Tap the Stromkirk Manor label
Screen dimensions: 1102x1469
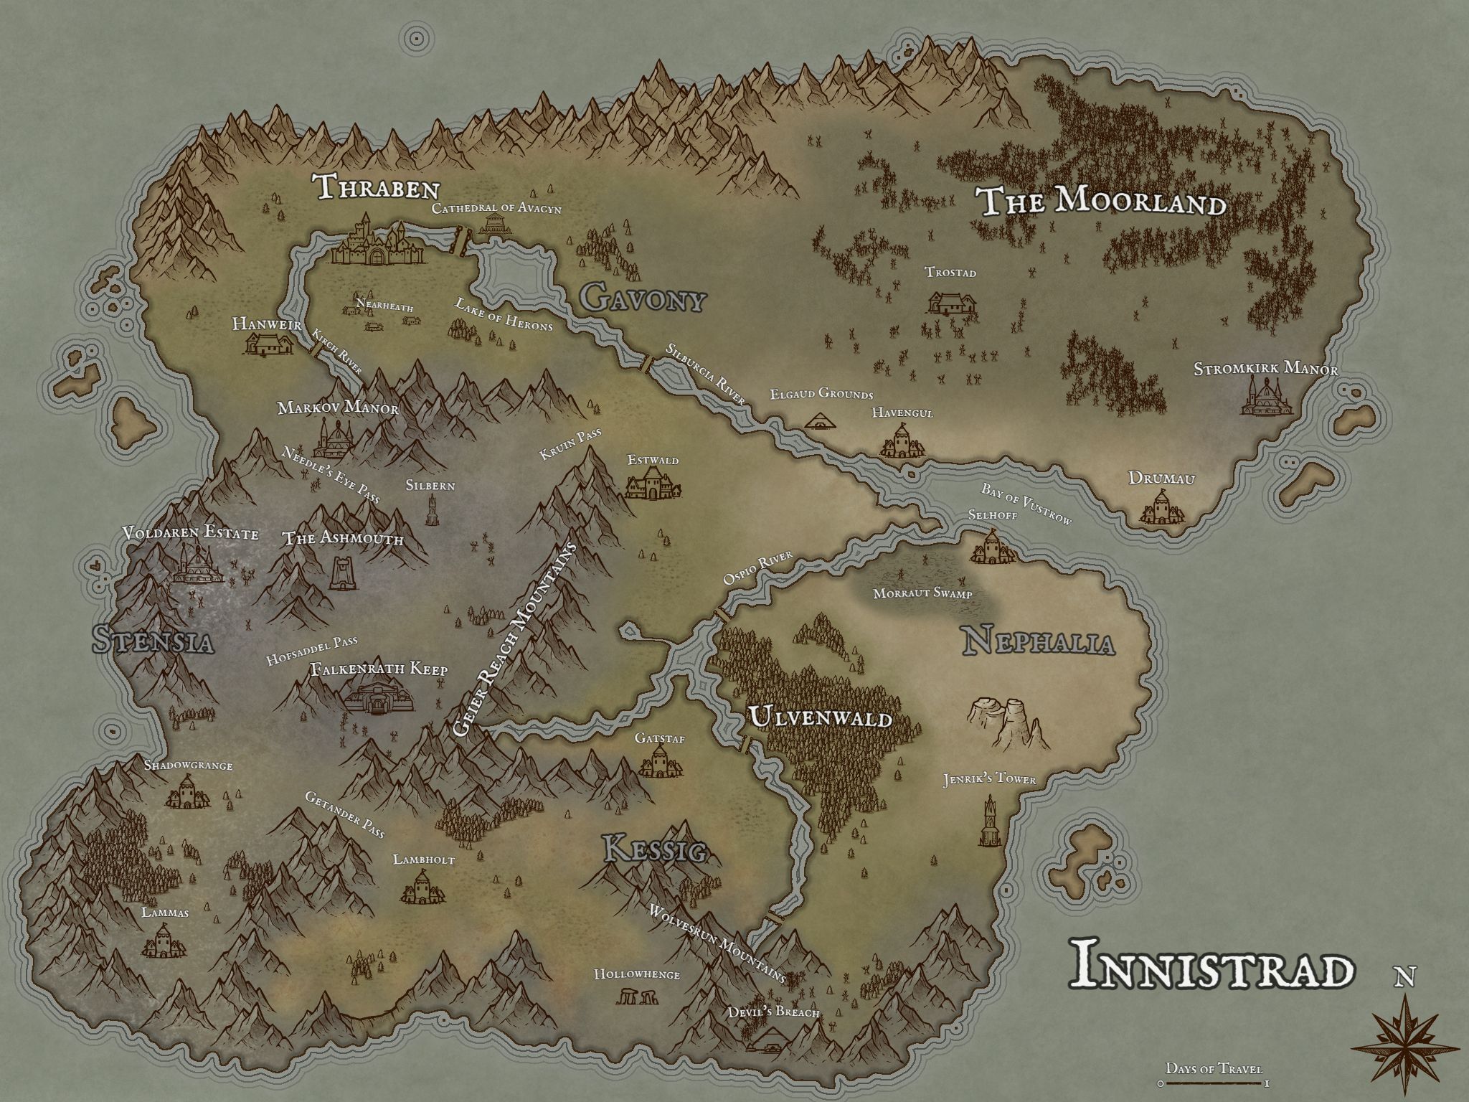(1266, 370)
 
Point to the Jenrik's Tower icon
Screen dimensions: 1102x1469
(990, 821)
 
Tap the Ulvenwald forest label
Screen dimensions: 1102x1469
(821, 718)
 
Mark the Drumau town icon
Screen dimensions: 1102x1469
(1160, 507)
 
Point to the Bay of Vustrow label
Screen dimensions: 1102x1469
(1026, 505)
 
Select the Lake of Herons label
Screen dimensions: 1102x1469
(504, 314)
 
